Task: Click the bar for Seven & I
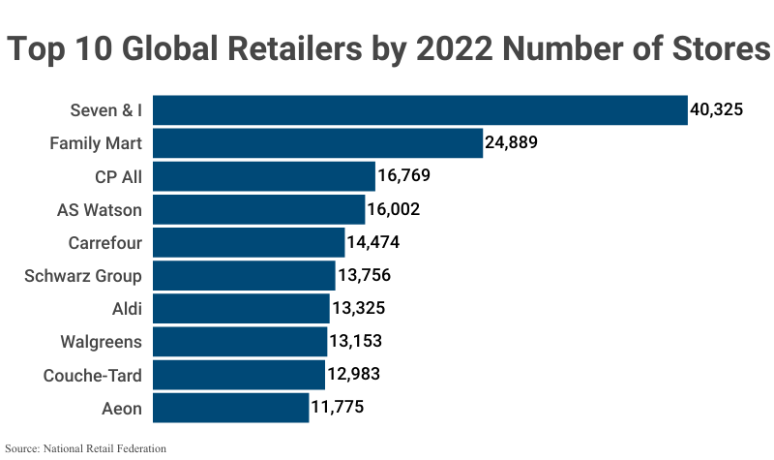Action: click(420, 110)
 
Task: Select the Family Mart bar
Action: click(317, 143)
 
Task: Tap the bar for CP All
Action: click(263, 176)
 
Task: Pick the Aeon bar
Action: click(230, 408)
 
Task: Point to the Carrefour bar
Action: click(249, 242)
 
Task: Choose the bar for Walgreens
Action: click(240, 342)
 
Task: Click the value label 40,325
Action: click(716, 110)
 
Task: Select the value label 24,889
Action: click(511, 143)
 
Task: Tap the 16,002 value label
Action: click(393, 209)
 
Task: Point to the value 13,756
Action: click(364, 276)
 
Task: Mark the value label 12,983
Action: click(354, 375)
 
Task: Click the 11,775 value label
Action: click(338, 408)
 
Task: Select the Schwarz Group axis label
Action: click(83, 276)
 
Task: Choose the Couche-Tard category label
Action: click(93, 375)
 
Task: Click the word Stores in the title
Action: click(718, 48)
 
